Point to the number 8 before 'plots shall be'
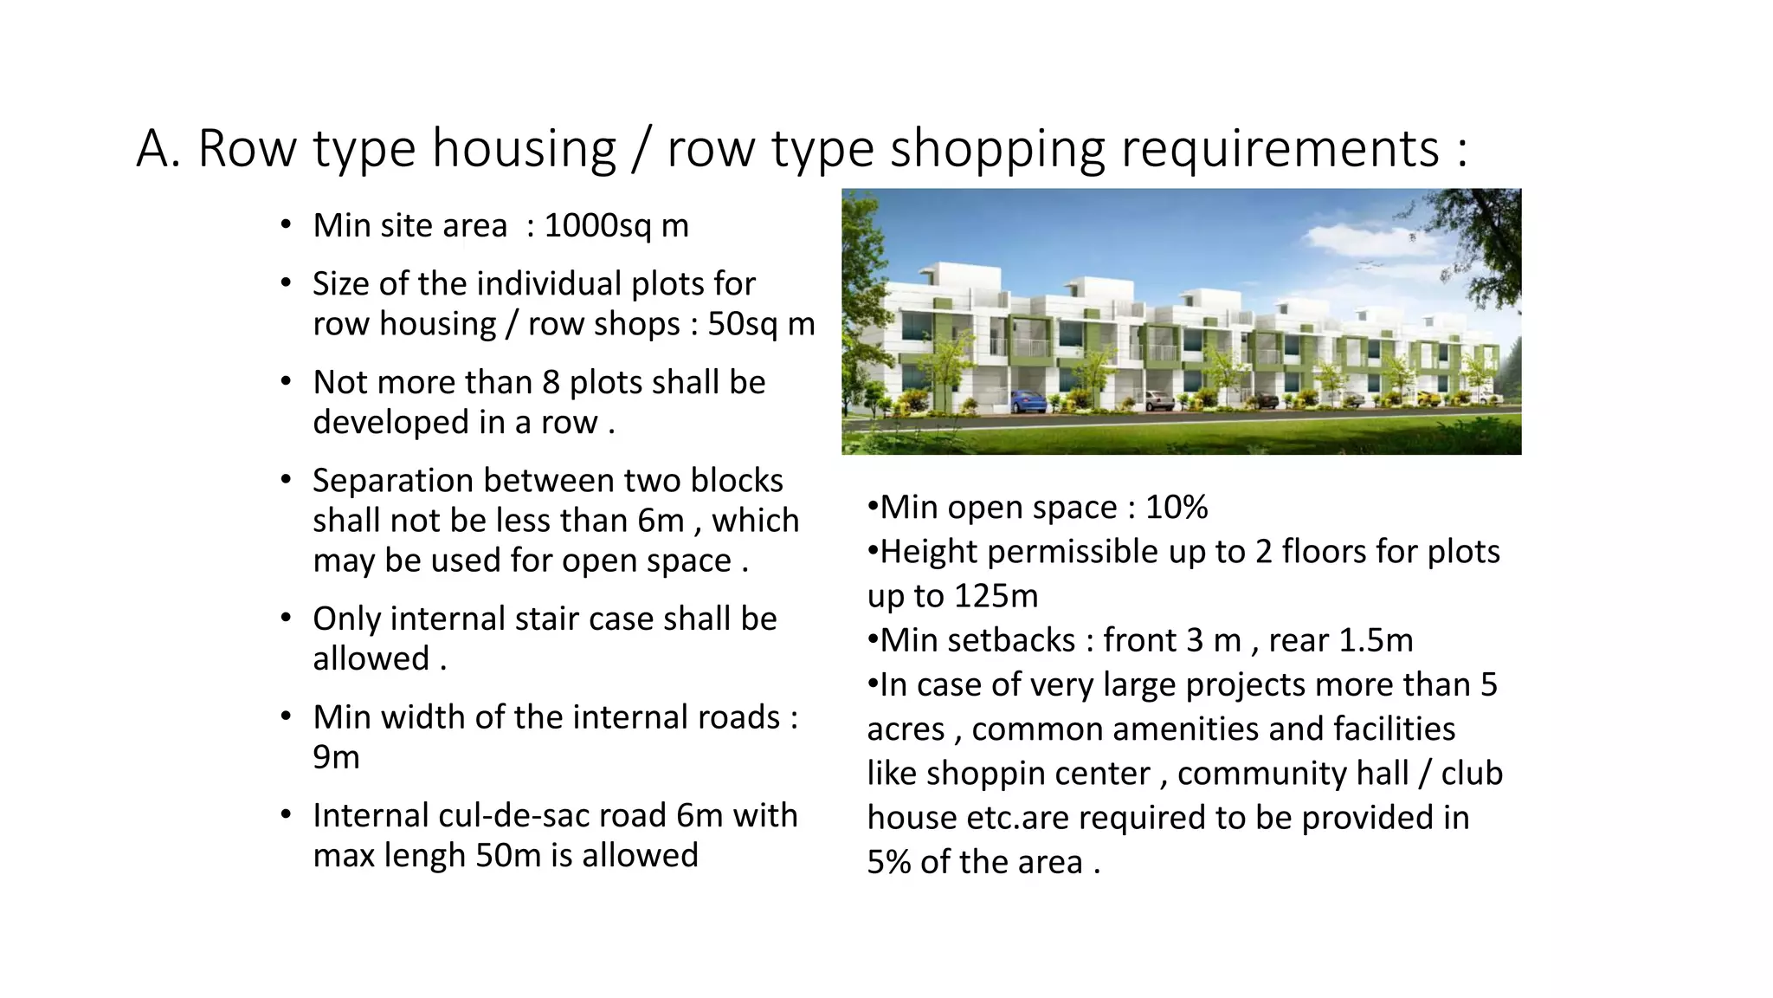pyautogui.click(x=551, y=382)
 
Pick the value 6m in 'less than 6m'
pyautogui.click(x=661, y=521)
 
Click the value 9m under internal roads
pyautogui.click(x=336, y=757)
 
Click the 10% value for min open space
pyautogui.click(x=1177, y=508)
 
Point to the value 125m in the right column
pyautogui.click(x=996, y=596)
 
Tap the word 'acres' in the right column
pyautogui.click(x=906, y=729)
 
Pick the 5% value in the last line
pyautogui.click(x=888, y=863)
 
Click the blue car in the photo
pyautogui.click(x=1028, y=401)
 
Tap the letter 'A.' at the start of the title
pyautogui.click(x=158, y=149)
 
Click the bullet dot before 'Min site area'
pyautogui.click(x=286, y=225)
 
